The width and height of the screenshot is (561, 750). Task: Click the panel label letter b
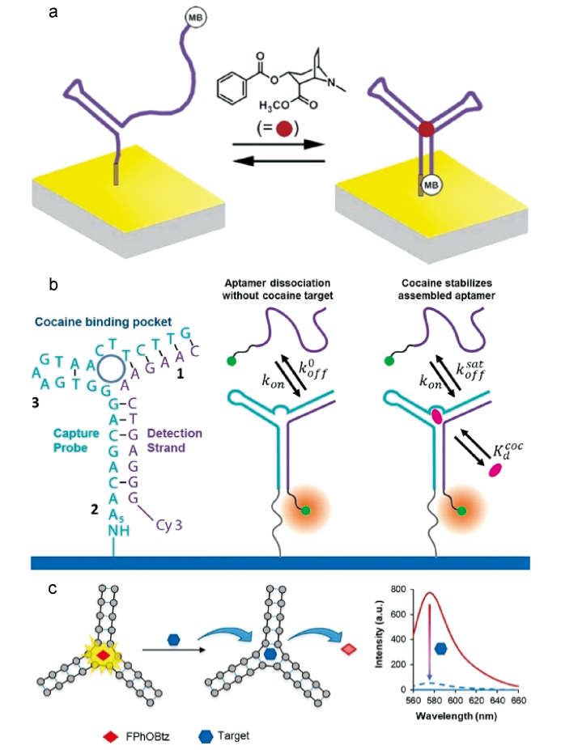53,285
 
